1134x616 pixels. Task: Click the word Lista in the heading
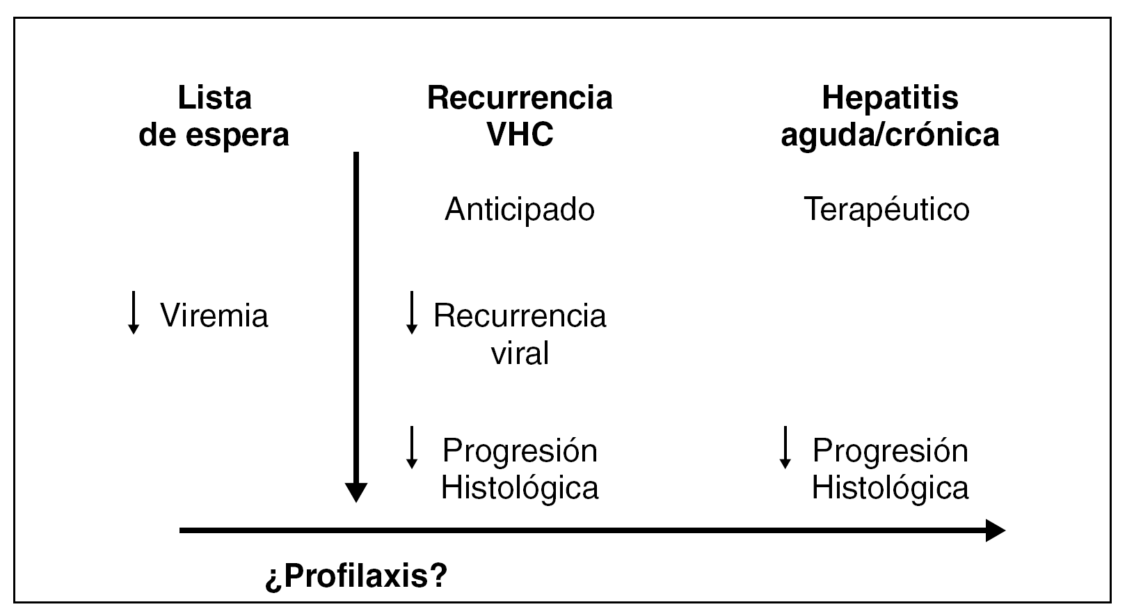click(214, 97)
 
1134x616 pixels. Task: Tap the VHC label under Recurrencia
click(520, 134)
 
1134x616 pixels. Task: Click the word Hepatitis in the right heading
click(890, 97)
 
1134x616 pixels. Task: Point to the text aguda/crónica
click(890, 134)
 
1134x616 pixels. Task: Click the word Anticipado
click(520, 209)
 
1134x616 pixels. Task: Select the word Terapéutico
click(887, 209)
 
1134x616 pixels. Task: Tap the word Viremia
click(214, 315)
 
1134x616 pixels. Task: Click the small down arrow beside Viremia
click(133, 313)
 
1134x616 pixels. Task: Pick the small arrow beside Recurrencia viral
click(411, 313)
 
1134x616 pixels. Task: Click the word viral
click(520, 353)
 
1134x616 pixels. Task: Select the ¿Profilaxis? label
click(356, 576)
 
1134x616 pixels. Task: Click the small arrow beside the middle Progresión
click(411, 448)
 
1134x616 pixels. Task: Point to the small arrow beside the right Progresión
click(785, 448)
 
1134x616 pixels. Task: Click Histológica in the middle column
click(520, 487)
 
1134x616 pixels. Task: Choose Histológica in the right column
click(890, 487)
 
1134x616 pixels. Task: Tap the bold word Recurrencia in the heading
click(520, 97)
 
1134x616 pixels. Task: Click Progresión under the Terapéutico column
click(890, 450)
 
